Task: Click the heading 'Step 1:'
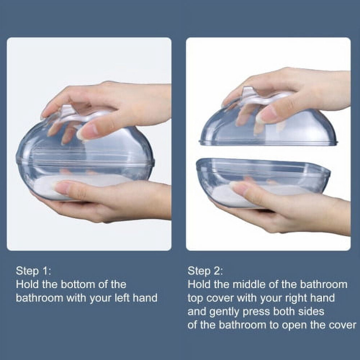pyautogui.click(x=33, y=271)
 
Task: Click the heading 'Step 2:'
pyautogui.click(x=205, y=271)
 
